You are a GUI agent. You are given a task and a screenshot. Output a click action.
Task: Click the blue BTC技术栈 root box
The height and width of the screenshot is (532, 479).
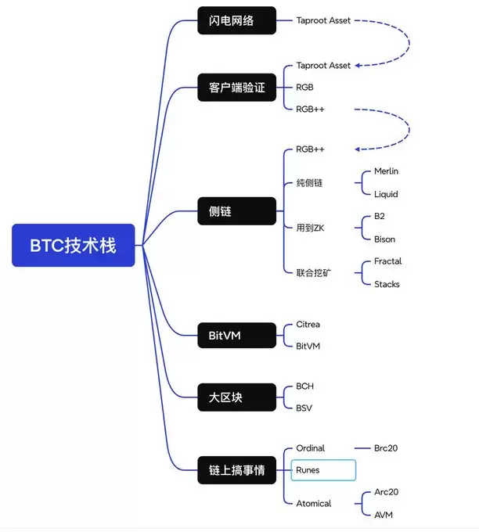[x=74, y=245]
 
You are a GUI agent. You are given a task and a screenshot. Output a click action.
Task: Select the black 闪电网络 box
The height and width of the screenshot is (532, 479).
[x=236, y=20]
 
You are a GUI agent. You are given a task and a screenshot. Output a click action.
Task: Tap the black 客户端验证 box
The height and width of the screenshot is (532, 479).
[x=236, y=88]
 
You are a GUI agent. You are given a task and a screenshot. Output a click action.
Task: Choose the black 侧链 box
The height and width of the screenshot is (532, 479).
[x=236, y=211]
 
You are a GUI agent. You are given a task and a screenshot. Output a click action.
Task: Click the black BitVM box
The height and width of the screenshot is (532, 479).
[x=236, y=336]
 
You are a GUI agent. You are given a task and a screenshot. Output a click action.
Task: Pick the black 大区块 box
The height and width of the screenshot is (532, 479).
[x=236, y=397]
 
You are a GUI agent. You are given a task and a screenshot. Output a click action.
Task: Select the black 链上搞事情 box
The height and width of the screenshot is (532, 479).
[x=236, y=470]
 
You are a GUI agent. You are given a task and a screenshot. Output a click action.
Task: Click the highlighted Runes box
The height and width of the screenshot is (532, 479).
[x=322, y=470]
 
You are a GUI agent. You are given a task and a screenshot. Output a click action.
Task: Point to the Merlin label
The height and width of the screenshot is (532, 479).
[x=387, y=171]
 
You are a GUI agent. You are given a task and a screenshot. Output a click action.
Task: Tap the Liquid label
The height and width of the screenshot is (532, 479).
[x=386, y=194]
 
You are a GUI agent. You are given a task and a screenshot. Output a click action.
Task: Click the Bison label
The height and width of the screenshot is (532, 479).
[x=384, y=239]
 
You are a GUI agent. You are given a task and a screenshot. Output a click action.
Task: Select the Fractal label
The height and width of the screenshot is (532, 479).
[x=387, y=261]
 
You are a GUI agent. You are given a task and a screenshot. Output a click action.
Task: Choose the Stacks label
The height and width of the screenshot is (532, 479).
[x=387, y=284]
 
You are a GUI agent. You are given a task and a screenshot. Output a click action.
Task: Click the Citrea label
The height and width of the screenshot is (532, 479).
[x=308, y=324]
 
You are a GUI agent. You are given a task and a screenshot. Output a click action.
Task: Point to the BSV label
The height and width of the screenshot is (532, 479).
[x=304, y=408]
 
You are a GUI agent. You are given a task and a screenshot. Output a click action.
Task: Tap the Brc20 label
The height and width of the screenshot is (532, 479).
[x=390, y=448]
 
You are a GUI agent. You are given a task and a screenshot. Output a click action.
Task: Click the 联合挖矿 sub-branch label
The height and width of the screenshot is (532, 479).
[x=313, y=272]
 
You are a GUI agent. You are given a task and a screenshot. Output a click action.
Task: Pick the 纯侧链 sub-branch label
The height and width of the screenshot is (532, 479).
[x=309, y=183]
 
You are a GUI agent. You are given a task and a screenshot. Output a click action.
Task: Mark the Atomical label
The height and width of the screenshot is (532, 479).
[x=314, y=503]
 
